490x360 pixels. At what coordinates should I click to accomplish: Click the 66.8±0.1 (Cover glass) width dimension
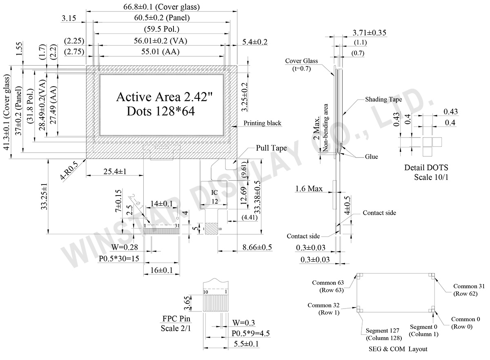coord(161,7)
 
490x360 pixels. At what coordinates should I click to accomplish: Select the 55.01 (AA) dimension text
coord(160,51)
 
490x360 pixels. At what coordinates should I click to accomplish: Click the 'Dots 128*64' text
coord(160,111)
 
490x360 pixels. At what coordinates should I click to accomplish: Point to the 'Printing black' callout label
coord(262,123)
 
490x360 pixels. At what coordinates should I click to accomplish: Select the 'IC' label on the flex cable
coord(215,192)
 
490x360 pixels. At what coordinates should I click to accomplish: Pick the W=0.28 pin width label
coord(124,247)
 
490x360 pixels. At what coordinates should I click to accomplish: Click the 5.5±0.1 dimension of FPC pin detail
coord(245,344)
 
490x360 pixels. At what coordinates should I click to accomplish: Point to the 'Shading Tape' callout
coord(383,99)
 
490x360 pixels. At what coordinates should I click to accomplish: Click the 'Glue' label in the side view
coord(371,157)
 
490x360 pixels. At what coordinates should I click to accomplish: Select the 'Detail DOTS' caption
coord(426,168)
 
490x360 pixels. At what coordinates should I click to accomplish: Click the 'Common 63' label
coord(328,282)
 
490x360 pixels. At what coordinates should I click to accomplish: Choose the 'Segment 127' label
coord(382,331)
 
